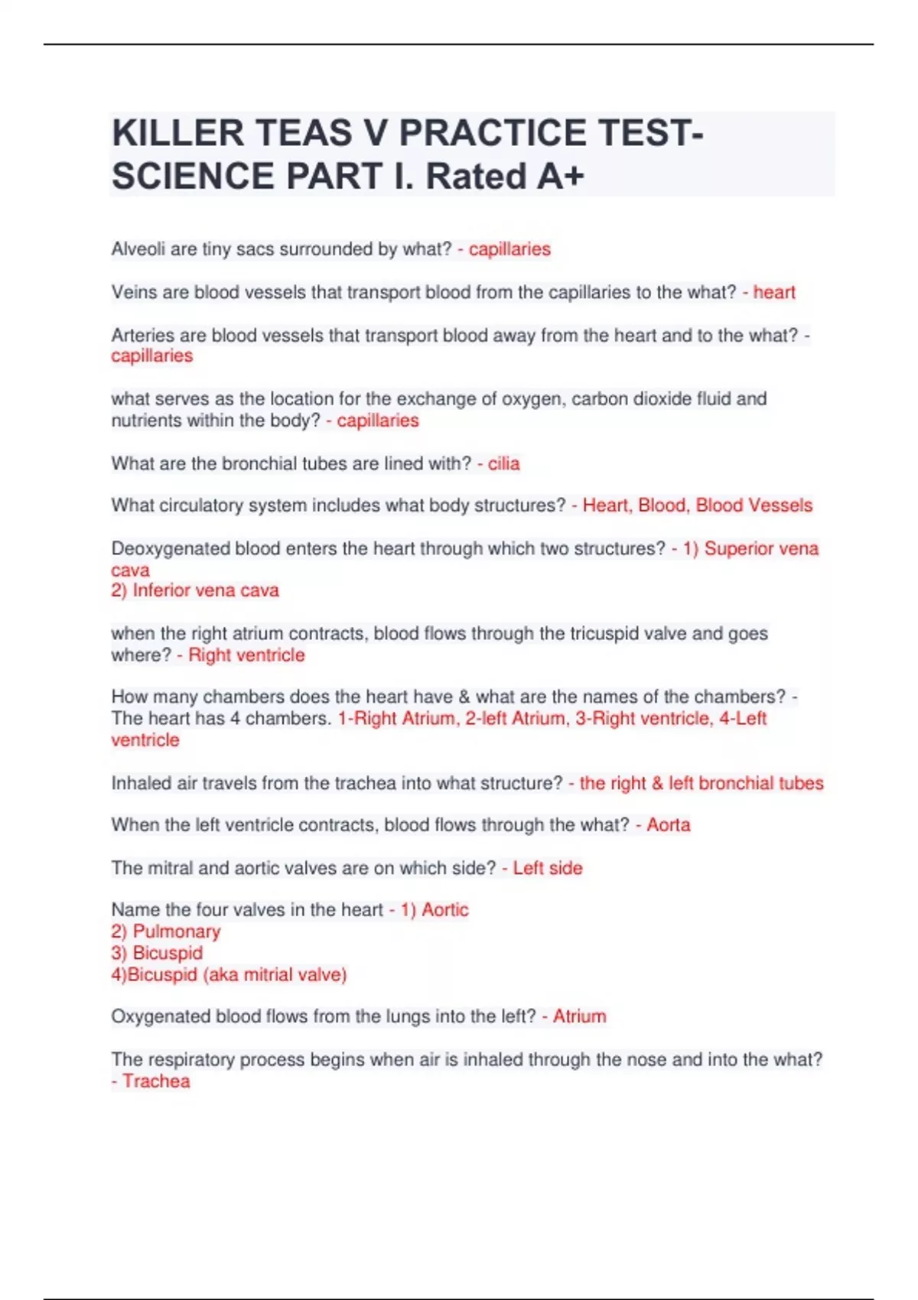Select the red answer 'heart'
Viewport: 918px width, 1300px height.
point(774,292)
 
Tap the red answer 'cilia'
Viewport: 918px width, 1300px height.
point(503,463)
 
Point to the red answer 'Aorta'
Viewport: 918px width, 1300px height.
point(668,825)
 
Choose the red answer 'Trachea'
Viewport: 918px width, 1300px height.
point(156,1081)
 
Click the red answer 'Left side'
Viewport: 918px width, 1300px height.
point(547,868)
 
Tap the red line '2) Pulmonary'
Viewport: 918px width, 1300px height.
point(166,931)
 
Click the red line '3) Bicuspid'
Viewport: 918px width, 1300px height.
point(158,953)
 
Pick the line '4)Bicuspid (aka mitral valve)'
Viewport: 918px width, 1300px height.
point(229,974)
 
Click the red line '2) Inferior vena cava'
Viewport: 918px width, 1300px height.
point(195,590)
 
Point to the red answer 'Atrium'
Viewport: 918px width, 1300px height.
point(579,1016)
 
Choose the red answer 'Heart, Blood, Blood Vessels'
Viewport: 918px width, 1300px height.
point(697,505)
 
